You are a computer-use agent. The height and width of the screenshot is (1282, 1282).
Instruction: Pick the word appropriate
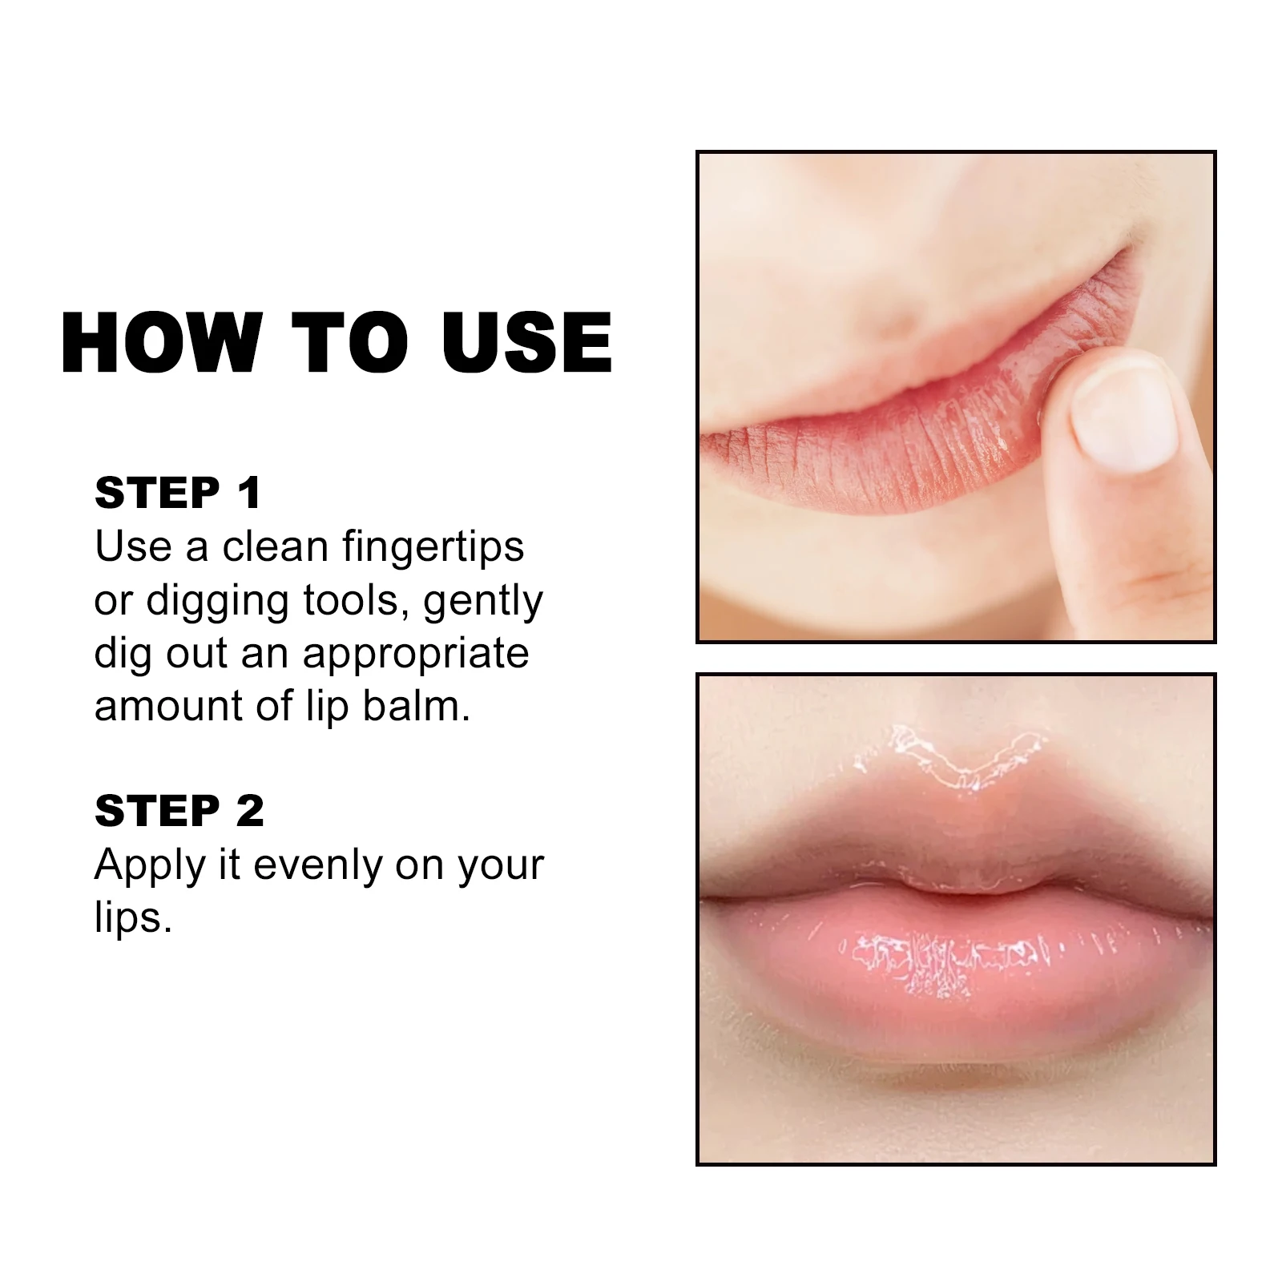(416, 655)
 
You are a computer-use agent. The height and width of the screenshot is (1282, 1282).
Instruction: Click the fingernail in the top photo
(1127, 417)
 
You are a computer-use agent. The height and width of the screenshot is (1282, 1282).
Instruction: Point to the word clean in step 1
(276, 547)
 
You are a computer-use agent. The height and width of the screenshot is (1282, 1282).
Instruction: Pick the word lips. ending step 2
(133, 918)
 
